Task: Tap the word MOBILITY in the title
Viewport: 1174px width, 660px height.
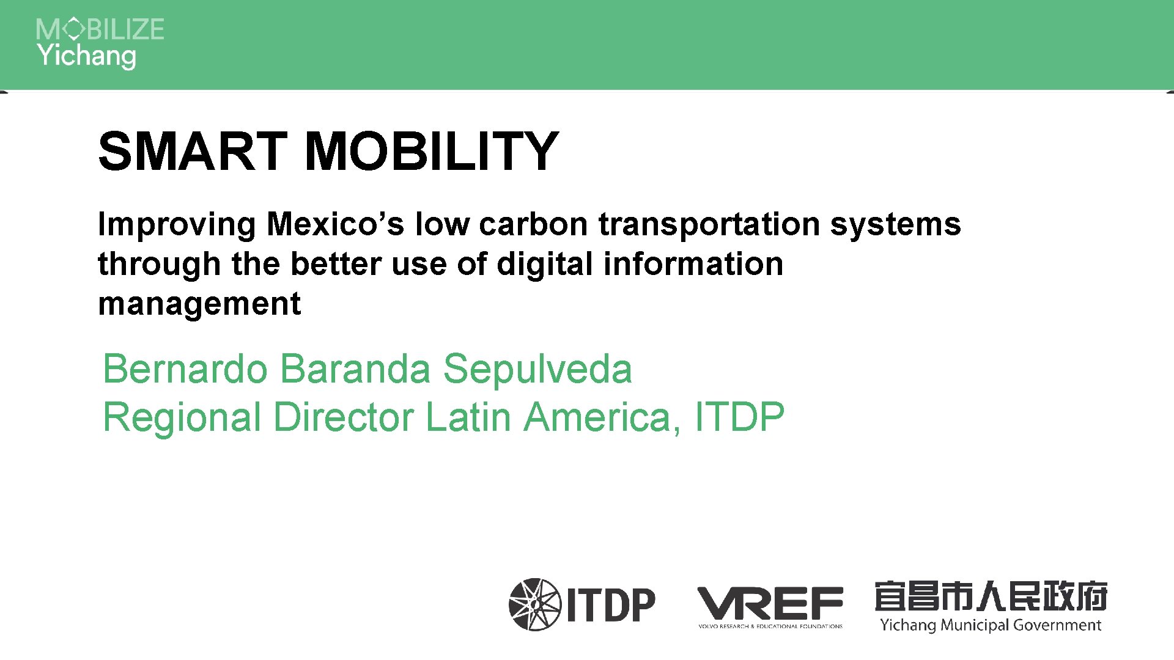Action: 431,151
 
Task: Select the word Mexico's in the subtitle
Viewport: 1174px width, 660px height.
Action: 335,224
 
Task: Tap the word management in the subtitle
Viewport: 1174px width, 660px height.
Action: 199,304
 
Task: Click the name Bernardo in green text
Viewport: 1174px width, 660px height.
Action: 185,369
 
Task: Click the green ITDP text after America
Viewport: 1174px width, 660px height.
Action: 739,417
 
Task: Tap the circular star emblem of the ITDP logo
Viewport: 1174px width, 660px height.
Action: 534,604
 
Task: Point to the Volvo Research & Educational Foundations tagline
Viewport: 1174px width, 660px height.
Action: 770,626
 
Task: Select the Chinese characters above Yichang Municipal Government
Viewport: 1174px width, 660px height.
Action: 991,596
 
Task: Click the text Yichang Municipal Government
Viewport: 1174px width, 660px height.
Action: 991,625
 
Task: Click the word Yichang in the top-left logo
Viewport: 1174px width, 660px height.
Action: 86,56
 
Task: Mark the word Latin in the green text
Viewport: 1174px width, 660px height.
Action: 468,417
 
